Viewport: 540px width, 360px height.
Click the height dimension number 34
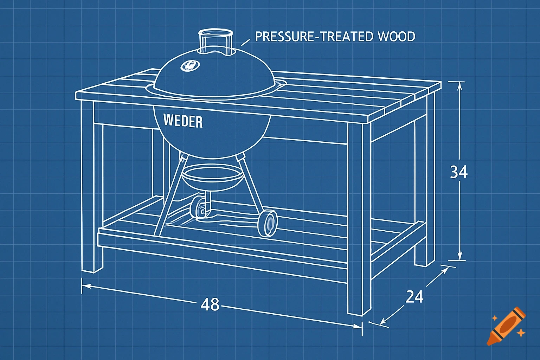(x=459, y=172)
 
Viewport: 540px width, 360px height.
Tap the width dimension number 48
(x=210, y=304)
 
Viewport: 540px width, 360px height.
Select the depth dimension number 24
(x=414, y=297)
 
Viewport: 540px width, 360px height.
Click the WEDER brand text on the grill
(x=183, y=121)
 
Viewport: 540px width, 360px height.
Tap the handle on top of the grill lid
(x=216, y=41)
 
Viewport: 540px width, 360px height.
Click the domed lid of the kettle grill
(x=214, y=76)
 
